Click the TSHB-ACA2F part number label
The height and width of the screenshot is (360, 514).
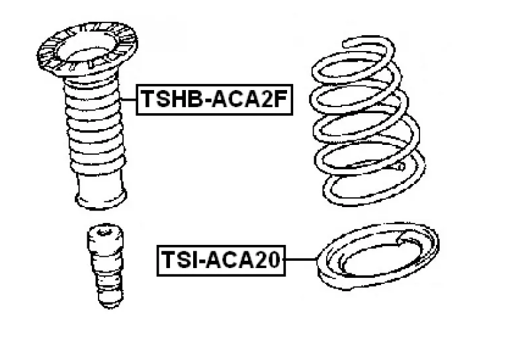(x=214, y=100)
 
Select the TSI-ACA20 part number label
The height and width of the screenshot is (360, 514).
(x=221, y=260)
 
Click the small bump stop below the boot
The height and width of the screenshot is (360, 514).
(x=106, y=266)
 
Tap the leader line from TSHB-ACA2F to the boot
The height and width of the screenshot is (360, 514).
(x=128, y=99)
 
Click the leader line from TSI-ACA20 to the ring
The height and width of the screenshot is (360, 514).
(x=301, y=259)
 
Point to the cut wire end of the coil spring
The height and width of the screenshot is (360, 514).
(x=400, y=167)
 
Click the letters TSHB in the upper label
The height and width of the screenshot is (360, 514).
(x=172, y=100)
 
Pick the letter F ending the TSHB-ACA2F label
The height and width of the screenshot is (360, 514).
(x=280, y=100)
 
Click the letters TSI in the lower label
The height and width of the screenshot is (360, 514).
(x=178, y=260)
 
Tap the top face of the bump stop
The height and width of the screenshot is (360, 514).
(x=105, y=232)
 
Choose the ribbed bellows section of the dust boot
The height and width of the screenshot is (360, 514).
(x=95, y=124)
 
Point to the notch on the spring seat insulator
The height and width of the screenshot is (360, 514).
(x=403, y=240)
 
